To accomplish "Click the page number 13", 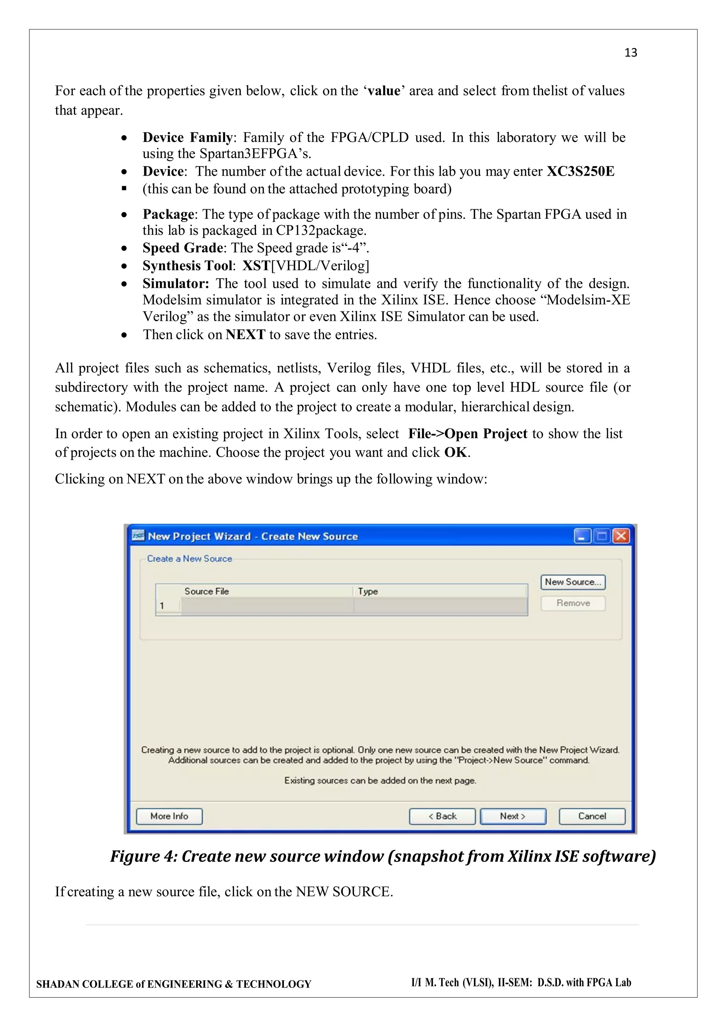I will [x=630, y=53].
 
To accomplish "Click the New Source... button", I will [x=573, y=582].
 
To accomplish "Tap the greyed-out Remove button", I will [x=573, y=603].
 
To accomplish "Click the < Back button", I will [x=442, y=816].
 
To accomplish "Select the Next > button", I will [x=513, y=816].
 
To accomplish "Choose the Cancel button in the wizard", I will [x=592, y=816].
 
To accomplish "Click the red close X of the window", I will [x=621, y=536].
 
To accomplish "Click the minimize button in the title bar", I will [x=582, y=536].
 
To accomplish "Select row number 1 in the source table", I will [x=162, y=606].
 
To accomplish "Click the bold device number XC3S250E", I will [x=580, y=171].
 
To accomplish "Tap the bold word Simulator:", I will [x=176, y=284].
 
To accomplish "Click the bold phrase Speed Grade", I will [x=183, y=248].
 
